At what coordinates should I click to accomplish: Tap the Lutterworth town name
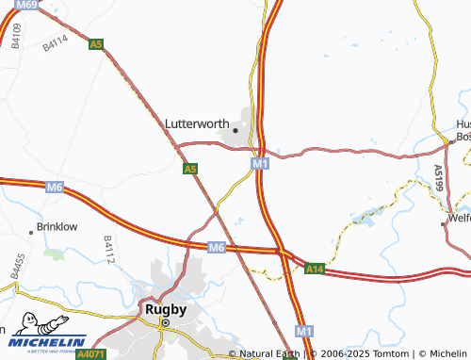197,123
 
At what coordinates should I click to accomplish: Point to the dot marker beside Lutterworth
235,131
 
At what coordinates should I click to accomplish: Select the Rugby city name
164,308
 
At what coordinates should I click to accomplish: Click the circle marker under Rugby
165,322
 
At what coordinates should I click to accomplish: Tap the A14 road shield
315,270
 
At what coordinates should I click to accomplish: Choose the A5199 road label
438,179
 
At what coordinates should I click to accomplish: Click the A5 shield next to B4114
95,44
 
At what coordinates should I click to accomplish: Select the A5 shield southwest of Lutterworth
190,169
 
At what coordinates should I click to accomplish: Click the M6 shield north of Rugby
217,247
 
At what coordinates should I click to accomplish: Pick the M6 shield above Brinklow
55,188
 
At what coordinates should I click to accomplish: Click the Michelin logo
42,341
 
